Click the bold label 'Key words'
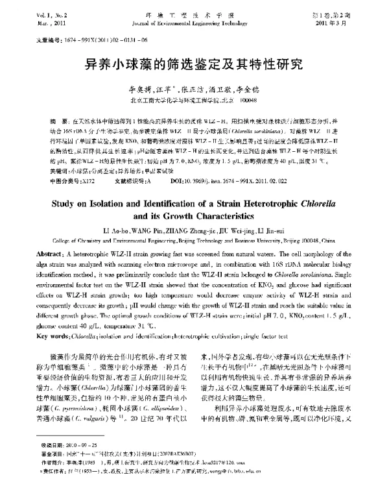click(x=51, y=336)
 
